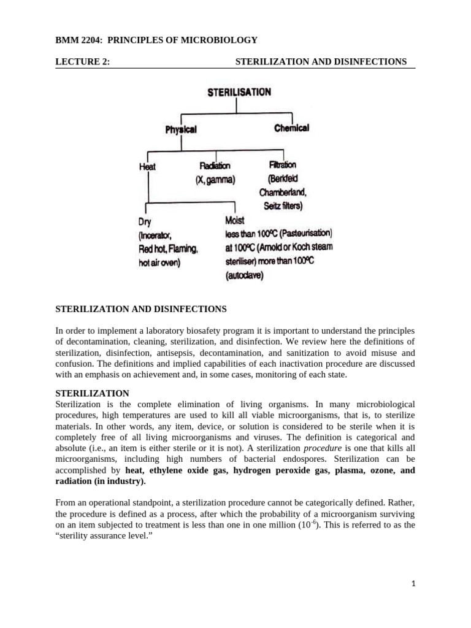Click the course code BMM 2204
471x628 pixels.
[x=77, y=40]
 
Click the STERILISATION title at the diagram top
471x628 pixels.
[x=239, y=93]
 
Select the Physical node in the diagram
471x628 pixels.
[x=180, y=129]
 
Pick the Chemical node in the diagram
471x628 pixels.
[x=291, y=128]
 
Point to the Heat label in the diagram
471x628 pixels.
[x=147, y=167]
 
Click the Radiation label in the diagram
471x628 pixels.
[x=215, y=166]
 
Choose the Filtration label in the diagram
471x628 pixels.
[x=282, y=165]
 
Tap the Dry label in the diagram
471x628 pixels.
[x=145, y=221]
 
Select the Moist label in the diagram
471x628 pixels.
[x=235, y=220]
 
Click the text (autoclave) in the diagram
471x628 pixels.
[x=245, y=276]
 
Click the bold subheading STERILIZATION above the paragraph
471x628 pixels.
[x=92, y=393]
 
